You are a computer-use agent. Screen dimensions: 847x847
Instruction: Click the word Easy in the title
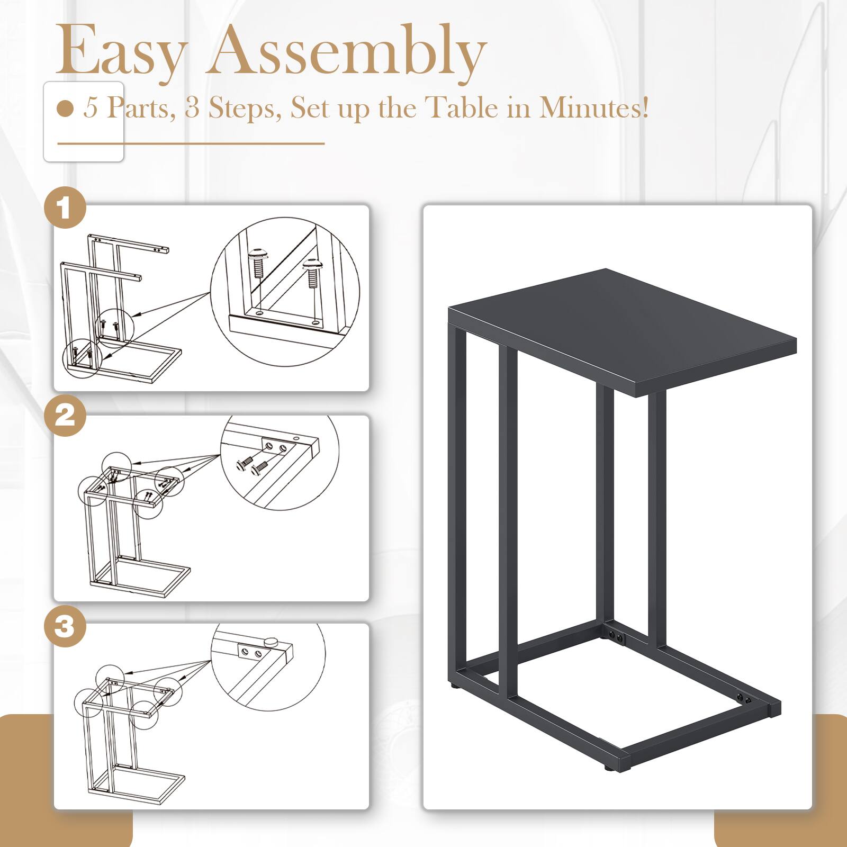point(121,52)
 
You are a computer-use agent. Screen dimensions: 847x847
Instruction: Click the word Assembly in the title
point(347,52)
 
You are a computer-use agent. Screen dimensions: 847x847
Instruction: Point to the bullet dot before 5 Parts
point(65,109)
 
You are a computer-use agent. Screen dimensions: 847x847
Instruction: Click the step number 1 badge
point(65,208)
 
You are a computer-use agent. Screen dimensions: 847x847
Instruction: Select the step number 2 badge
point(65,416)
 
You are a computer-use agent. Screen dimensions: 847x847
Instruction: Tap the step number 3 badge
point(65,626)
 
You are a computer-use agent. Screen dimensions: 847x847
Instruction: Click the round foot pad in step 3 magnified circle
point(272,640)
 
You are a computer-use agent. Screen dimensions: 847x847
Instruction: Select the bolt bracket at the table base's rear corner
point(616,635)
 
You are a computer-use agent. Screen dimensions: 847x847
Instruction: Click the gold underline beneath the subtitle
point(191,143)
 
